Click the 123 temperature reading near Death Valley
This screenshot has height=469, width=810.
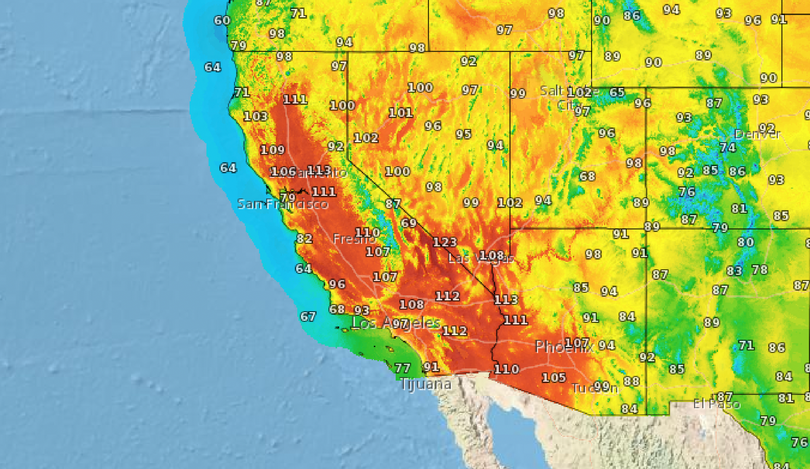(x=445, y=242)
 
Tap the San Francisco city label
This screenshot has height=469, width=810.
(x=283, y=204)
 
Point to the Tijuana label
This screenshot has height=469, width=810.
(x=425, y=384)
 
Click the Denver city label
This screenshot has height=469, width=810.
(x=757, y=134)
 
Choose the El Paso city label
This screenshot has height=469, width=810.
(x=716, y=404)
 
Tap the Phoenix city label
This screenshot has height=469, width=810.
(x=563, y=347)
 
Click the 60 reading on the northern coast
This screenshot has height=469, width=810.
(x=222, y=20)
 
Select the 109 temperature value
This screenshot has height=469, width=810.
(x=272, y=150)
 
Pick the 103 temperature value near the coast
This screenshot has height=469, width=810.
(x=255, y=116)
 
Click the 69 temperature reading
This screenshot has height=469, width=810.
(x=408, y=223)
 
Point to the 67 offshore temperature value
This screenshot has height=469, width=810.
(x=308, y=316)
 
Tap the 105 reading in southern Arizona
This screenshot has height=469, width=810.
(x=553, y=377)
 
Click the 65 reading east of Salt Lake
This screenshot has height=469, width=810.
(x=617, y=92)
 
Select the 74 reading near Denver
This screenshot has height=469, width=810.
(x=728, y=148)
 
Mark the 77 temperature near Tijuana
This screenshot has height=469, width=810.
(x=402, y=368)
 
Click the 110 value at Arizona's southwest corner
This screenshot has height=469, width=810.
(x=506, y=369)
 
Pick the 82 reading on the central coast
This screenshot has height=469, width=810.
(x=304, y=238)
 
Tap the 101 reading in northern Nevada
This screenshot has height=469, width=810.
(x=401, y=113)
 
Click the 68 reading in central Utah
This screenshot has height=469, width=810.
(x=587, y=176)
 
